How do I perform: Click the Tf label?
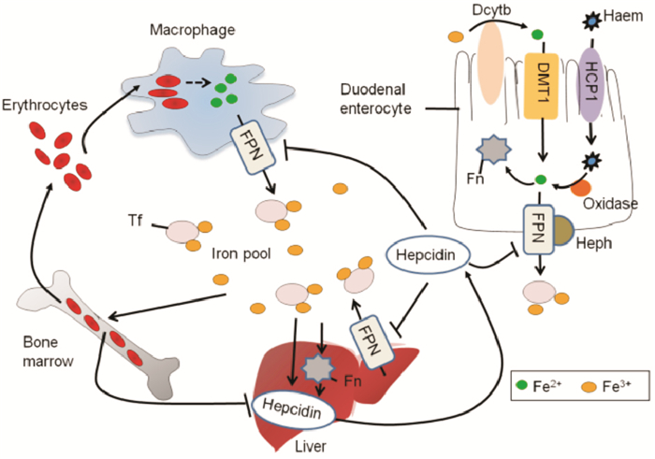135,223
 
